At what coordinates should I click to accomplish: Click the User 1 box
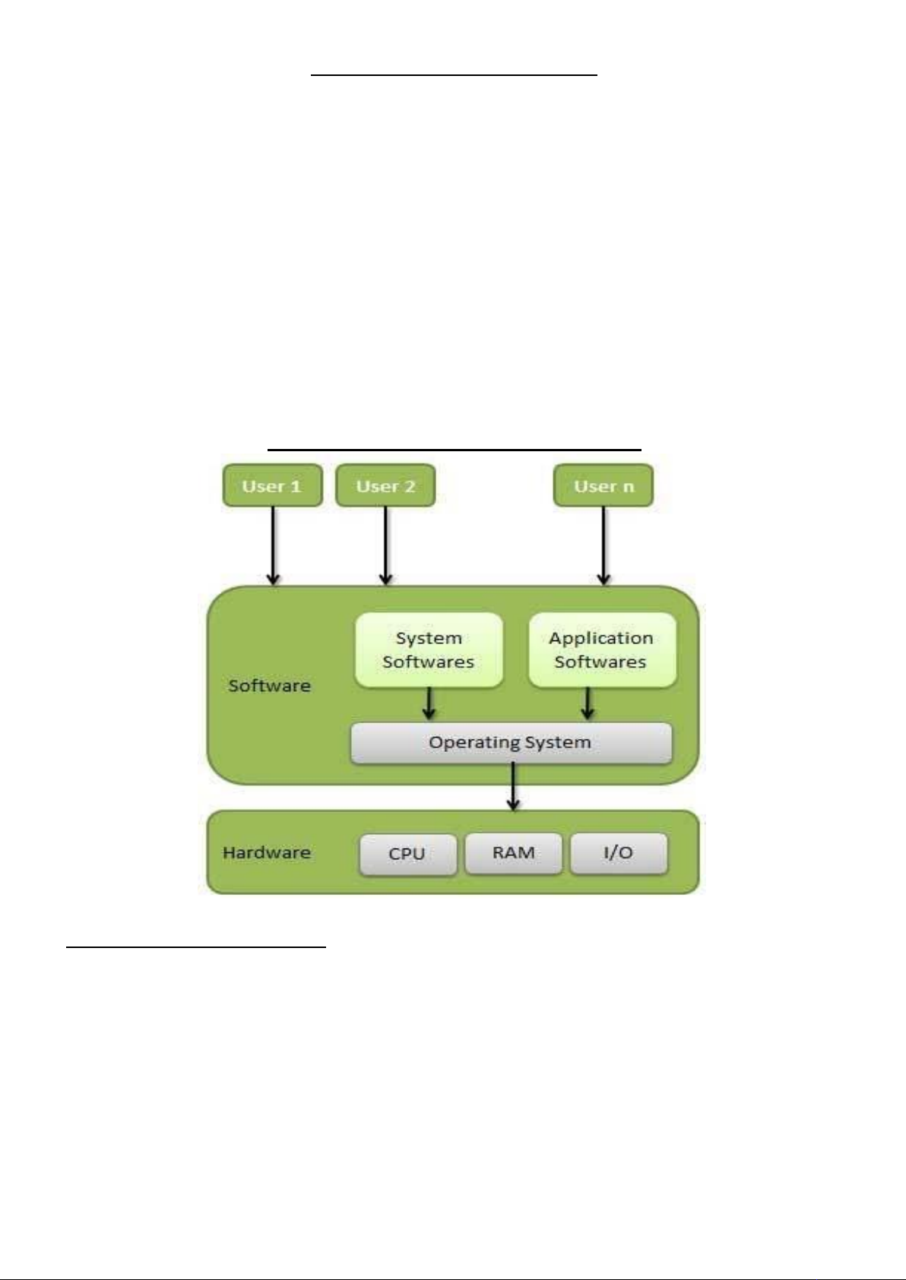[x=272, y=486]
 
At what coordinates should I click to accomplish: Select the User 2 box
[x=385, y=486]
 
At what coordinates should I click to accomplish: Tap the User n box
[x=603, y=486]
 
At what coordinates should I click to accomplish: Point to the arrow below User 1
[x=273, y=545]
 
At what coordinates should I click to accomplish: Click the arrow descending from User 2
[x=385, y=545]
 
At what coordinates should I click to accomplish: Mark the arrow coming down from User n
[x=603, y=545]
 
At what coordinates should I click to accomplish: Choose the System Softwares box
[x=429, y=650]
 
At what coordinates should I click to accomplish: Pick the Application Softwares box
[x=601, y=650]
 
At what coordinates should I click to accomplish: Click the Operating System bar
[x=511, y=742]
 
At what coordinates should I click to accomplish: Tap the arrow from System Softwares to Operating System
[x=429, y=704]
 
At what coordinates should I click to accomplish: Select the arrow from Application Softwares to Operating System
[x=588, y=704]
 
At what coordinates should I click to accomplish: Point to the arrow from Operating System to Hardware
[x=514, y=787]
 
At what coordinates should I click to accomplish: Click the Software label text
[x=270, y=686]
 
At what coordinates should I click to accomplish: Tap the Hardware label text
[x=267, y=852]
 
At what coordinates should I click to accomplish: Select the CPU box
[x=407, y=854]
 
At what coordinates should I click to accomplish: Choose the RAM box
[x=513, y=853]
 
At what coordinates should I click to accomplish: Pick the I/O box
[x=618, y=853]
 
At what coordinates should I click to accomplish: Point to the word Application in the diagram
[x=601, y=638]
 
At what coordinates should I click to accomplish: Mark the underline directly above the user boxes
[x=455, y=450]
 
